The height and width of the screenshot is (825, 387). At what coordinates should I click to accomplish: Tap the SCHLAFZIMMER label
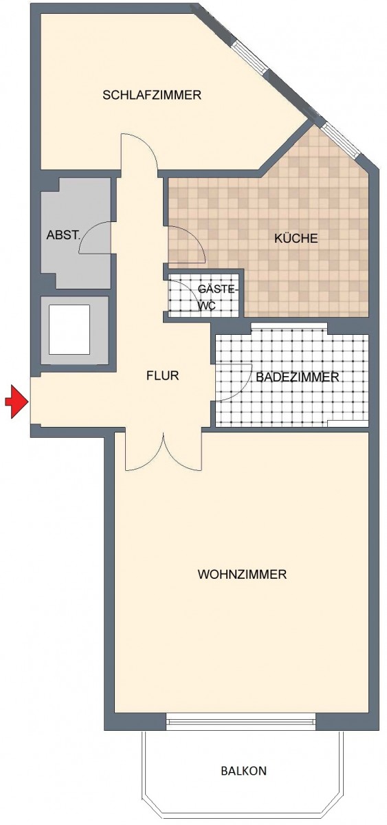tap(152, 95)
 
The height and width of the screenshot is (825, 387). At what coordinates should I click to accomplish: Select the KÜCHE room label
tap(296, 239)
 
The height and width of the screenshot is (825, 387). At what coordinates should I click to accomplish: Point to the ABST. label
tap(63, 235)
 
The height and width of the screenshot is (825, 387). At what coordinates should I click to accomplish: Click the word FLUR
tap(162, 375)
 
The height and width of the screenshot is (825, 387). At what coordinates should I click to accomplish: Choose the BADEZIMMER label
tap(297, 377)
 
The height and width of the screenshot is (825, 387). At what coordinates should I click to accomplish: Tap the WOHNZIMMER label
tap(242, 574)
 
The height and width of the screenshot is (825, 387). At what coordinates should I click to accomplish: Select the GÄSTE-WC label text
tap(217, 297)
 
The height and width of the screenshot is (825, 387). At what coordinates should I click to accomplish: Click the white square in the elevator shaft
tap(69, 329)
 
